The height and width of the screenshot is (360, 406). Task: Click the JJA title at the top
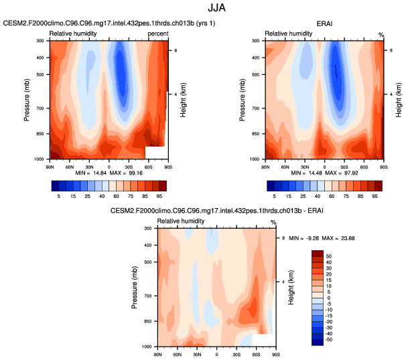pos(203,9)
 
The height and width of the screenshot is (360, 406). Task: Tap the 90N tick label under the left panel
pos(50,164)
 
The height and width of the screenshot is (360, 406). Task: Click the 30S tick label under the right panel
pos(343,164)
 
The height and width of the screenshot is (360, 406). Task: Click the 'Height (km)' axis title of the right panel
pos(397,100)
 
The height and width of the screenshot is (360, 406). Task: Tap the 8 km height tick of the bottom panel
pos(283,238)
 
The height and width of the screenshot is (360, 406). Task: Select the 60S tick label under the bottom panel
pos(256,352)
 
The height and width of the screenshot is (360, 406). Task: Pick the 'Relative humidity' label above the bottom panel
pos(179,221)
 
